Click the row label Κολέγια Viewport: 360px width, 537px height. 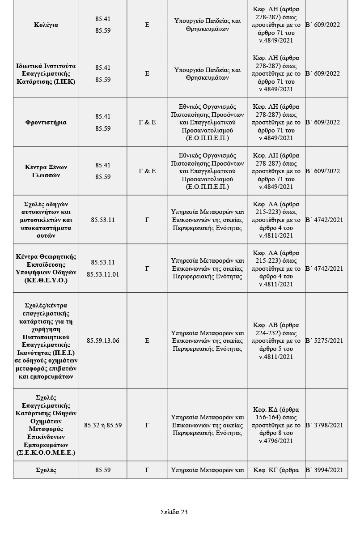[46, 25]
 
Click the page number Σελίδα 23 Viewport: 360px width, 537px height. [174, 512]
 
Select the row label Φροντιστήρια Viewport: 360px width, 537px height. [46, 123]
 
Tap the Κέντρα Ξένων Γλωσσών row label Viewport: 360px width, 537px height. [46, 171]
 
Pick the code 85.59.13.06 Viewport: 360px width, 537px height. [103, 341]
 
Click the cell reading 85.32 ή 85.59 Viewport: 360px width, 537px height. [103, 426]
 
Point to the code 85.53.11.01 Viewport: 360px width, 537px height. [103, 274]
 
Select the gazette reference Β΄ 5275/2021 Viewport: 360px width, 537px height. [324, 341]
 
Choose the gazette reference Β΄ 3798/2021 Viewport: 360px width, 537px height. [324, 426]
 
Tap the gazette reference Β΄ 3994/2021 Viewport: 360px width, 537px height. [324, 470]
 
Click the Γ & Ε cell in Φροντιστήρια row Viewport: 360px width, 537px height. [147, 123]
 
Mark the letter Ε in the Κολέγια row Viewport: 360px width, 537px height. [147, 25]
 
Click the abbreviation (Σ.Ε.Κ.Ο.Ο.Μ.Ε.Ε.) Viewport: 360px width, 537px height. [46, 453]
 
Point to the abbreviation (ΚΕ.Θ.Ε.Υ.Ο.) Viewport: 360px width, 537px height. [46, 281]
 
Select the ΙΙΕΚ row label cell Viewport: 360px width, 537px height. [46, 74]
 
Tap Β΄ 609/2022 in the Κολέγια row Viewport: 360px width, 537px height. [324, 25]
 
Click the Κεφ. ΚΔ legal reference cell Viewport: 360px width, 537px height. [276, 426]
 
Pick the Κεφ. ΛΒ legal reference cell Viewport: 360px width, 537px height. [276, 341]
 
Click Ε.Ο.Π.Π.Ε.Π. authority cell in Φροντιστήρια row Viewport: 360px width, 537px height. [208, 123]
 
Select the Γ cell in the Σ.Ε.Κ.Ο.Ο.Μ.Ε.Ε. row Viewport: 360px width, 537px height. [147, 426]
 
